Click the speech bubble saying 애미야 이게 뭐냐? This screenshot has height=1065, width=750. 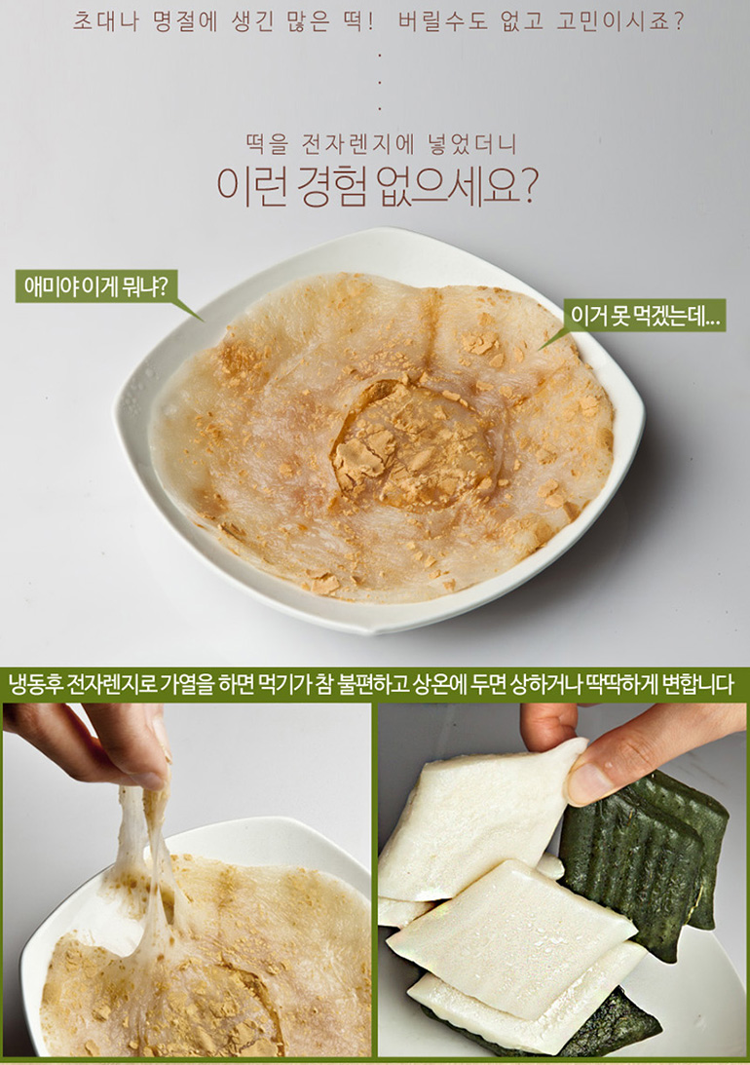(x=96, y=286)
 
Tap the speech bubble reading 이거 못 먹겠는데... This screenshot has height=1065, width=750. (x=645, y=315)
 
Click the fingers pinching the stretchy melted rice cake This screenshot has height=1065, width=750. (x=95, y=743)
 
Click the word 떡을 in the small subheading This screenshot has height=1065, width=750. (x=266, y=144)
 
